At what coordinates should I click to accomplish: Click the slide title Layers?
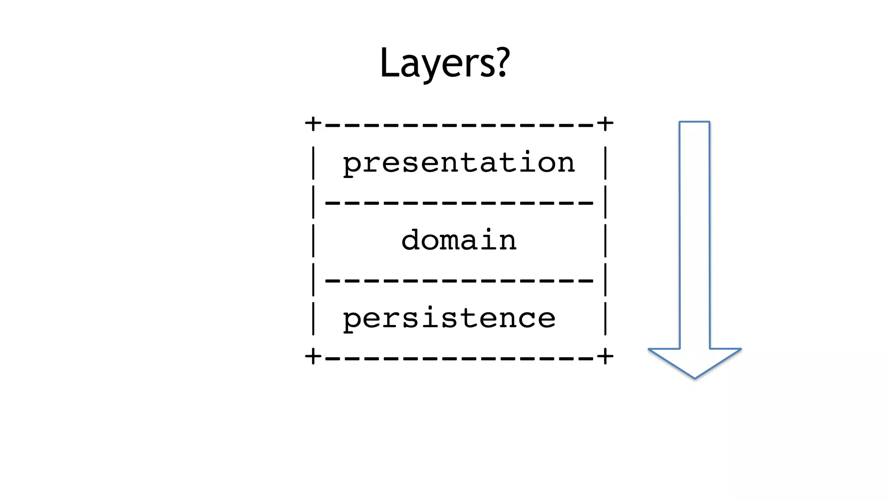pos(445,63)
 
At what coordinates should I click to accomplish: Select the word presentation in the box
pos(459,163)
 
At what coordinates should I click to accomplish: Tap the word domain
pos(459,240)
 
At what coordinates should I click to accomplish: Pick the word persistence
pos(449,318)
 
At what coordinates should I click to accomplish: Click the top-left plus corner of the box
pos(313,124)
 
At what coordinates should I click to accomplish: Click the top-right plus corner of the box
pos(605,124)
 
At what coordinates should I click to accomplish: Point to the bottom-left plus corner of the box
pos(313,357)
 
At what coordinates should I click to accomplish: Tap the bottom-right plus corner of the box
pos(605,357)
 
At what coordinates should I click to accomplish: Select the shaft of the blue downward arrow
pos(694,234)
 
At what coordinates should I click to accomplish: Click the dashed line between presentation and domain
pos(459,203)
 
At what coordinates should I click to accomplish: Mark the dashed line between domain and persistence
pos(459,281)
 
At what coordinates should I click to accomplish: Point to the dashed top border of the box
pos(459,125)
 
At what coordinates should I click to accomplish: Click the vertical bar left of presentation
pos(314,163)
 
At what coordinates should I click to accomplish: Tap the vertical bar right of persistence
pos(605,319)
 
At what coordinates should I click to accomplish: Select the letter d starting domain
pos(410,240)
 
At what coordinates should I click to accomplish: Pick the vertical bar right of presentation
pos(605,163)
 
